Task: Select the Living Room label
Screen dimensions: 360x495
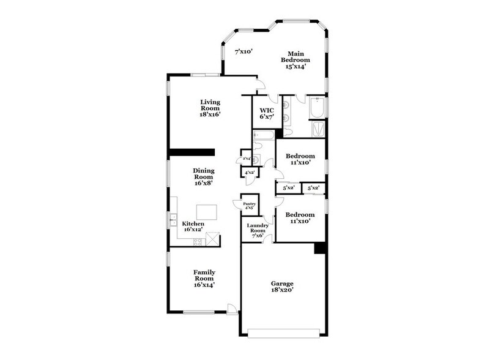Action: [x=210, y=108]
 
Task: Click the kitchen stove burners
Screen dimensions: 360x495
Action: [x=198, y=241]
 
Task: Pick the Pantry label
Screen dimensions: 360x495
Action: [x=249, y=206]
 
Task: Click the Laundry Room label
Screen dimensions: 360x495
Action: [x=258, y=230]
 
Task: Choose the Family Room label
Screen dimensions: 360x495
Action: [x=204, y=277]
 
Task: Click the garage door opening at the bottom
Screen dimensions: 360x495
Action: [x=283, y=332]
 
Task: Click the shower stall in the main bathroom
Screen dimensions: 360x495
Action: [x=318, y=129]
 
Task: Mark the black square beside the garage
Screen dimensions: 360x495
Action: [x=319, y=248]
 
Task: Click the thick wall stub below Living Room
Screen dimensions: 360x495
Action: [x=191, y=152]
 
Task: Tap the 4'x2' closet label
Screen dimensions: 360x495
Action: [x=250, y=174]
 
